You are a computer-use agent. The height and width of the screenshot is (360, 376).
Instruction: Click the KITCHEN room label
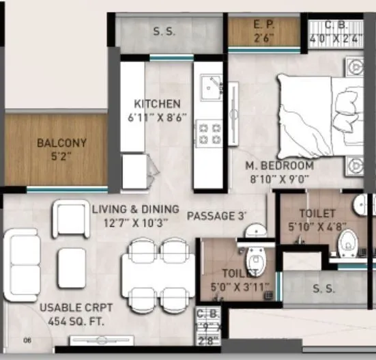point(157,104)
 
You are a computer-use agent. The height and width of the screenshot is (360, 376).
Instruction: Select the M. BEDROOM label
point(280,166)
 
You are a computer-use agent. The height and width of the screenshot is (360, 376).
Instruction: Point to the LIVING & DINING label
point(135,209)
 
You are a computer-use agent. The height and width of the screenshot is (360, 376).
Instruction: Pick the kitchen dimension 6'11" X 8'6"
point(157,117)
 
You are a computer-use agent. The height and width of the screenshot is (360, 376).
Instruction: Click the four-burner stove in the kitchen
point(209,133)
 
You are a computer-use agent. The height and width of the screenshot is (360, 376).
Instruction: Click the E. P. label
point(263,25)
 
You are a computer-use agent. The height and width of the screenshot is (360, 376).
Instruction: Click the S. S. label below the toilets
point(323,289)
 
